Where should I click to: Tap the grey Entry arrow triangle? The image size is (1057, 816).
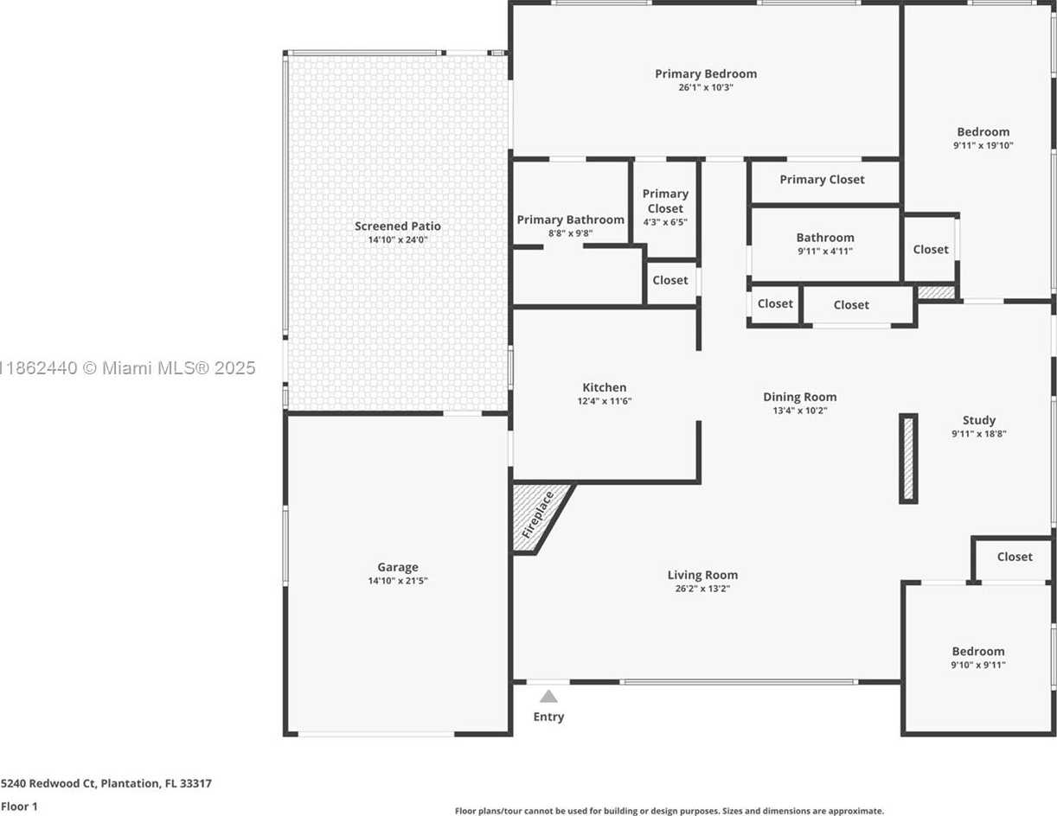click(548, 696)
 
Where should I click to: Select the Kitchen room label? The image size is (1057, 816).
click(604, 387)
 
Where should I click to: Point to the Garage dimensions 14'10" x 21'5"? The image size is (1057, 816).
click(398, 581)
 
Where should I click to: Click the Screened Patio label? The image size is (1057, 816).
click(398, 226)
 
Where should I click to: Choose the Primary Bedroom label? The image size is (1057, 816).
click(706, 73)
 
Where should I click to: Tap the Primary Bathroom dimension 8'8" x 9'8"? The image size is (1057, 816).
click(571, 233)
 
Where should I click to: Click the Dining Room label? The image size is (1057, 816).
click(800, 397)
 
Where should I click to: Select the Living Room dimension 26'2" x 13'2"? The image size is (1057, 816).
click(702, 589)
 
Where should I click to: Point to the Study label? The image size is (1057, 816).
click(979, 420)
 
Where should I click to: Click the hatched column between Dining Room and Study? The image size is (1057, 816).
click(907, 458)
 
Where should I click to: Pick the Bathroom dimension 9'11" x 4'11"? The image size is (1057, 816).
click(825, 252)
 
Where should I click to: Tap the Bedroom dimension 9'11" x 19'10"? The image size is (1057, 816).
click(983, 146)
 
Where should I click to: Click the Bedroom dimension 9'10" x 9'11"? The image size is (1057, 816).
click(978, 665)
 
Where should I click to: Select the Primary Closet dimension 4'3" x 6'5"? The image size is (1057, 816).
click(665, 222)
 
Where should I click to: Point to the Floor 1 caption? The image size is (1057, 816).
click(19, 806)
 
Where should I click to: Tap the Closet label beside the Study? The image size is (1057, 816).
click(1015, 557)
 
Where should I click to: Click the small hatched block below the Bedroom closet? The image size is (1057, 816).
click(936, 292)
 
